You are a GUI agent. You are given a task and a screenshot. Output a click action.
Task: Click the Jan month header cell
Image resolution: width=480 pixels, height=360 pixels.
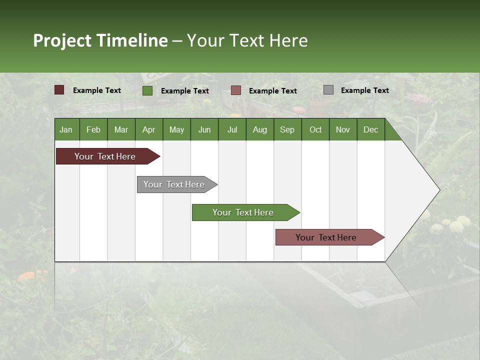[66, 129]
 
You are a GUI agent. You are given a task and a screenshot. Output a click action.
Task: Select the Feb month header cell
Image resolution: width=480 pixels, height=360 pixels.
[93, 129]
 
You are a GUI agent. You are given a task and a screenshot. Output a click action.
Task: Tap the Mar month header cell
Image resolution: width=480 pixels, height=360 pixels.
[121, 129]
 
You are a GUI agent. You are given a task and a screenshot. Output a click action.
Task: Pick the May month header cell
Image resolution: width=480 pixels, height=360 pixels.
[176, 129]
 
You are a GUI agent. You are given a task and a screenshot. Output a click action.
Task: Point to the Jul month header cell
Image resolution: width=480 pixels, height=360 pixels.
[232, 129]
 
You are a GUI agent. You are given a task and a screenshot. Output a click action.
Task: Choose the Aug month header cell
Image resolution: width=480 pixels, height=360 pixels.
[259, 129]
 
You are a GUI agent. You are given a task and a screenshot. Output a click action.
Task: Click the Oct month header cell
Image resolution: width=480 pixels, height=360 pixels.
[315, 129]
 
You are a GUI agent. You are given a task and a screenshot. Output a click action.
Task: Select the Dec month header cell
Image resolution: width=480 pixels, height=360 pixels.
[370, 129]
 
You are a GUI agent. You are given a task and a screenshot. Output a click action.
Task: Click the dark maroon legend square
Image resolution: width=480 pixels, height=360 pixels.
[59, 90]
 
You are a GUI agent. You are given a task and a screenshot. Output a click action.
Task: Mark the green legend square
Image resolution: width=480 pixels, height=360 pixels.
[147, 90]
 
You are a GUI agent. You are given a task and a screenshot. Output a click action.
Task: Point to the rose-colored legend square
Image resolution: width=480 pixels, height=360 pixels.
[236, 90]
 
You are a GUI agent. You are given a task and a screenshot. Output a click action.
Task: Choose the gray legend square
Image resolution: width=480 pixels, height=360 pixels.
[328, 90]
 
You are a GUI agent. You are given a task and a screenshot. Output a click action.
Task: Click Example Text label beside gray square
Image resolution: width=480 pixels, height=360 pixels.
[364, 90]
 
